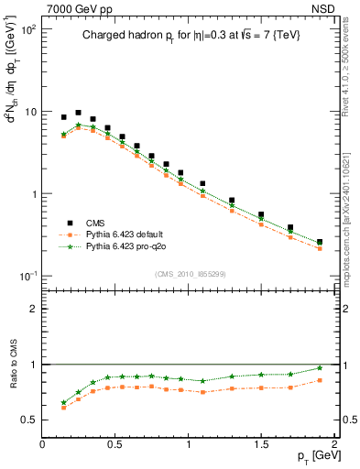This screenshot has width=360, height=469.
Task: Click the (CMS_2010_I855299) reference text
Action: coord(191,274)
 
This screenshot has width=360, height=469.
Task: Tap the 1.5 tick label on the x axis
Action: coord(261,443)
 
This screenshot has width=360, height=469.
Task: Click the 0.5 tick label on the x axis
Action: coord(115,443)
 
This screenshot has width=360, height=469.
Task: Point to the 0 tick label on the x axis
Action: coord(42,443)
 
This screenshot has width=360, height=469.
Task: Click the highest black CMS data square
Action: coord(78,113)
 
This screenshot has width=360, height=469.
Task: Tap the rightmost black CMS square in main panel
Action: coord(319,242)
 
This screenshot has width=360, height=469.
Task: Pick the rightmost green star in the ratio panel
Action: coord(319,368)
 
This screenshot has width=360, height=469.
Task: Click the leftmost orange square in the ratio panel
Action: coord(63,408)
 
